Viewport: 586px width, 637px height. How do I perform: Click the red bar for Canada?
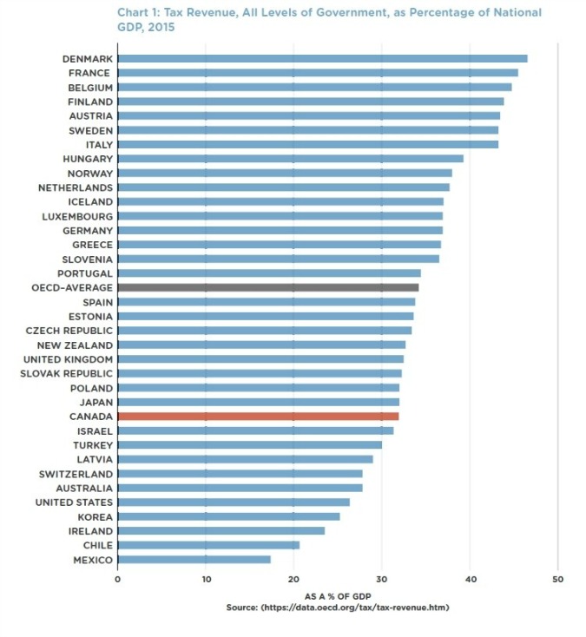258,417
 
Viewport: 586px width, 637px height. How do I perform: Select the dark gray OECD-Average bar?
267,287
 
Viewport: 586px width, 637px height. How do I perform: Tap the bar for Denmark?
322,58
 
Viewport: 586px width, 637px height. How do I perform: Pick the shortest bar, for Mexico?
194,560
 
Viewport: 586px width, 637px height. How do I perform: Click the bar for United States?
234,502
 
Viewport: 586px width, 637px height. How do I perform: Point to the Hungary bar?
290,159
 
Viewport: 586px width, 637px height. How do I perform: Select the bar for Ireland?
221,531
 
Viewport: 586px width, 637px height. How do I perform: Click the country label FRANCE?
89,73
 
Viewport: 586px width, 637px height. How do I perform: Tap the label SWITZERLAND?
76,474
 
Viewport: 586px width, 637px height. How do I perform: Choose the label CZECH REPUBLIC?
69,331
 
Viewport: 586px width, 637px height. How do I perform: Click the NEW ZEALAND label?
75,345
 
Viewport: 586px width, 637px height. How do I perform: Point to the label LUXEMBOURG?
77,216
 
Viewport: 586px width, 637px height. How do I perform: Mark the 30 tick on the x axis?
382,579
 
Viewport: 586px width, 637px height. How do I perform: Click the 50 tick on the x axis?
558,579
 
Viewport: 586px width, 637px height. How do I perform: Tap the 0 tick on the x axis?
117,579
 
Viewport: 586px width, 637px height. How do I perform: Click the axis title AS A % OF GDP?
337,596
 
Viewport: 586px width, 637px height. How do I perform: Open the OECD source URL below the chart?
363,607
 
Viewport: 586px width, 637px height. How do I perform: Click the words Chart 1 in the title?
138,13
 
